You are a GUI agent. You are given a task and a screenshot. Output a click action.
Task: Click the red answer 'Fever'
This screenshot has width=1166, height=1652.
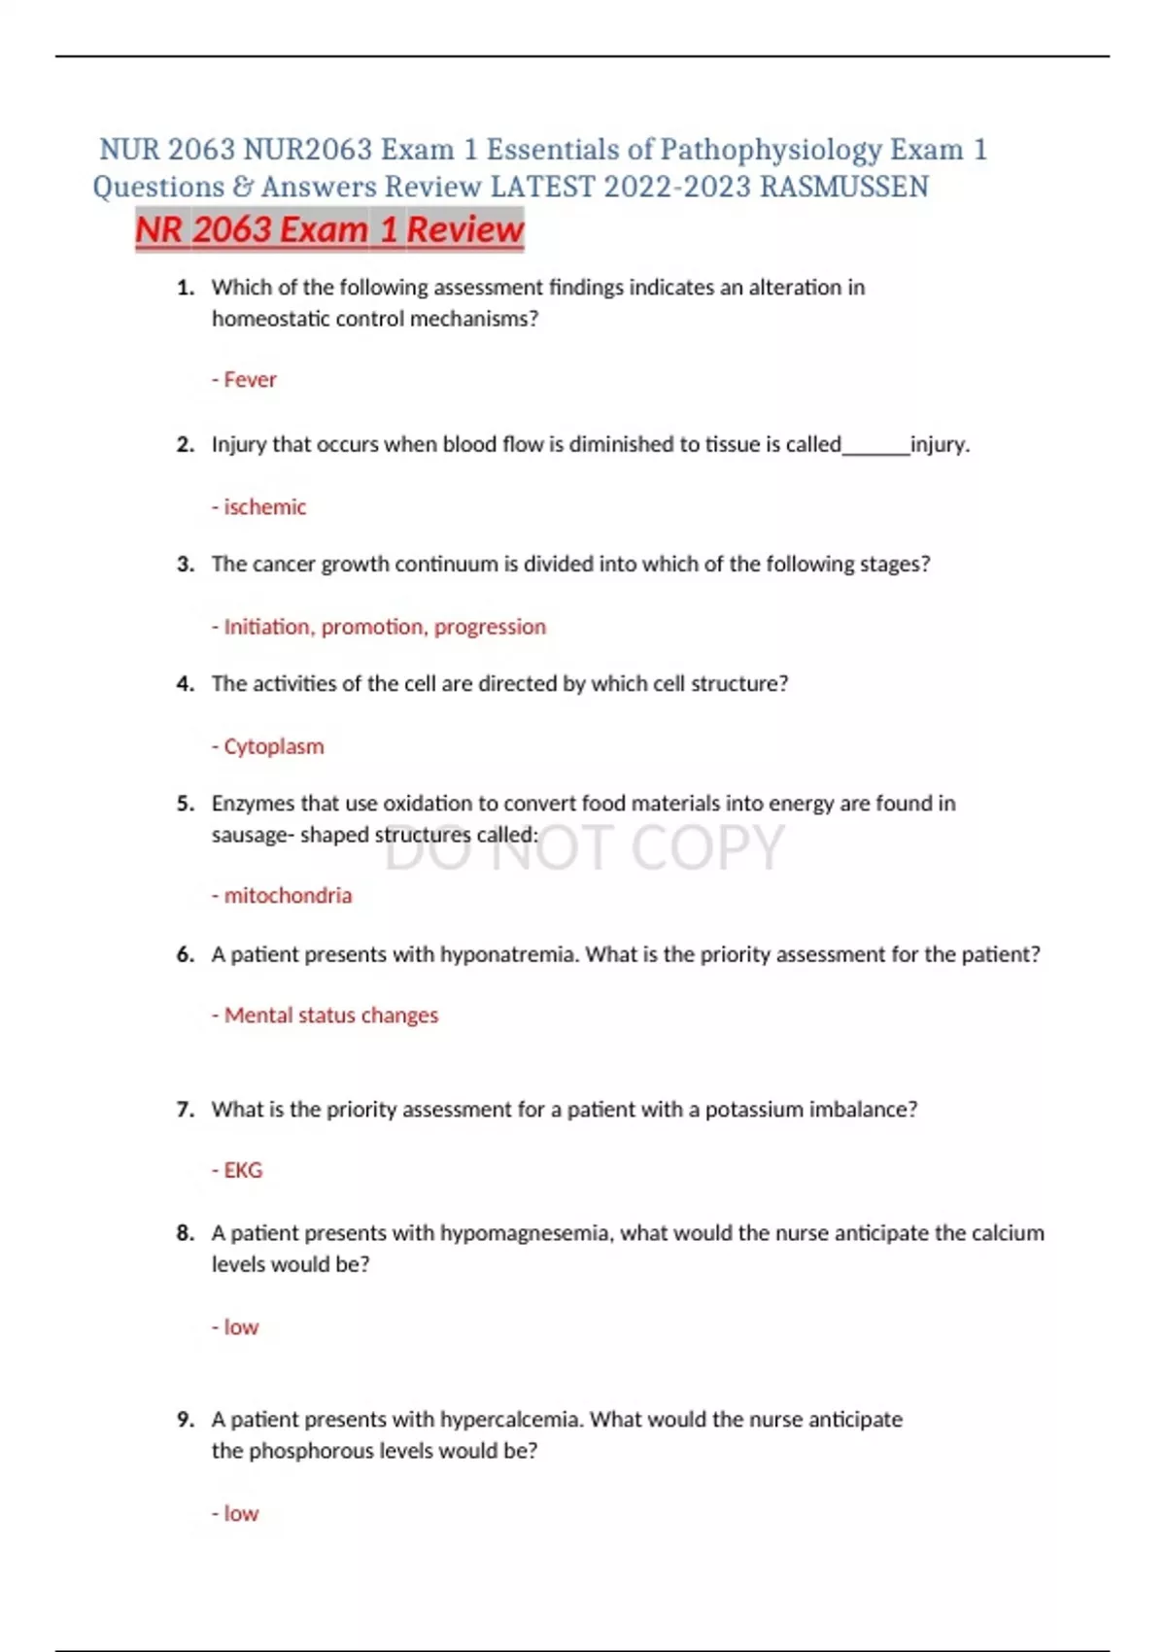[250, 380]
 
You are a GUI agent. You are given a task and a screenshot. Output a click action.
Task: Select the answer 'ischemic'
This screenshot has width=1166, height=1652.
[264, 507]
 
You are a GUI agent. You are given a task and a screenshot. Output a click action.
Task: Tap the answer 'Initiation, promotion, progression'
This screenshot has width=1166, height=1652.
[385, 627]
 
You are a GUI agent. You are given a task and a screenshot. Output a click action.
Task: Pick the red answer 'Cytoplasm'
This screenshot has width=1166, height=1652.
[273, 746]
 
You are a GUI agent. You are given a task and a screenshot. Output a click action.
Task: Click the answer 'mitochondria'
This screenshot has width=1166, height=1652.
[288, 895]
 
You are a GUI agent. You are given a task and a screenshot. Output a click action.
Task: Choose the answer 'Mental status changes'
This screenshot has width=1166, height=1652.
[330, 1015]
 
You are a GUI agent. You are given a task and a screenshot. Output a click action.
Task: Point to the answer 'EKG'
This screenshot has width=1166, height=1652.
[243, 1170]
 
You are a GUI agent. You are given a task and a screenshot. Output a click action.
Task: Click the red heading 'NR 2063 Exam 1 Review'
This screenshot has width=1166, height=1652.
[329, 230]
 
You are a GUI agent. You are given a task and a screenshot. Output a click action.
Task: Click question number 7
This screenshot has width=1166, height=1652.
[185, 1110]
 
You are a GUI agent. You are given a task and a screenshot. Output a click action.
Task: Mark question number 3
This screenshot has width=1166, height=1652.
[185, 565]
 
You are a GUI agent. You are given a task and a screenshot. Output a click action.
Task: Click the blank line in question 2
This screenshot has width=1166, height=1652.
[875, 447]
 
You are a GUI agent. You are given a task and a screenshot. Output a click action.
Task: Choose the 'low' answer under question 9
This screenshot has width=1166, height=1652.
[241, 1514]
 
